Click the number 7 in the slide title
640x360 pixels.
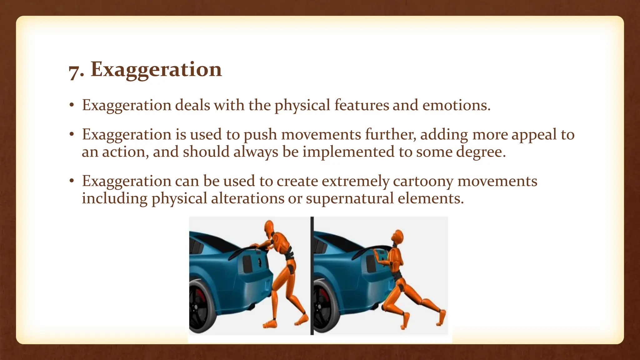[75, 72]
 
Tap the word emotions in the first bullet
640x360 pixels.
[456, 105]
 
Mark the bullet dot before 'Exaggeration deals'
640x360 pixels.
[72, 106]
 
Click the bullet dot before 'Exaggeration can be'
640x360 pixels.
[72, 181]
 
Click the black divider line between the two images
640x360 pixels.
[312, 275]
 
